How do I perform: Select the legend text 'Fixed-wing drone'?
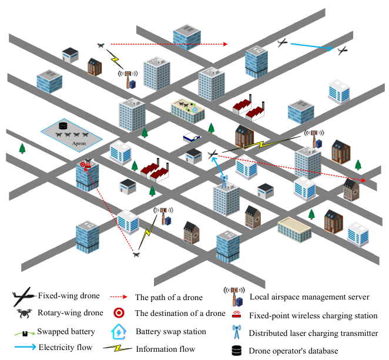click(69, 295)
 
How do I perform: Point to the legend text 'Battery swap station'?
click(171, 332)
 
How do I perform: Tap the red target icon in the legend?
click(118, 313)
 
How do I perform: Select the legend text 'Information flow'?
click(165, 349)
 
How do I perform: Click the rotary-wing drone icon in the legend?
click(24, 314)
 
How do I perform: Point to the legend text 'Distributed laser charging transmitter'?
click(313, 333)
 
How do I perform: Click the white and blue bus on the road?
click(192, 137)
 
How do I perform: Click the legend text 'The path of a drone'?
click(169, 297)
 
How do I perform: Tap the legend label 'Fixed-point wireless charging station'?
click(313, 315)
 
